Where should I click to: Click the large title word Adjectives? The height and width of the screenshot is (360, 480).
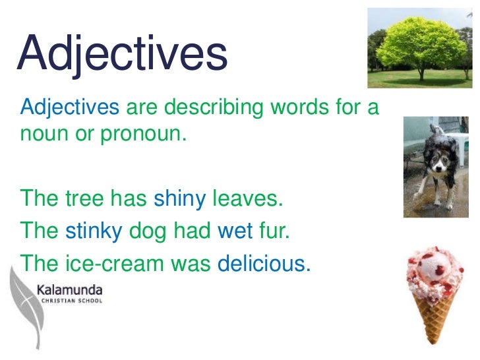pos(122,55)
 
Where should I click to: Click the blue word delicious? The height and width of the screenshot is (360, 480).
pos(263,263)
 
